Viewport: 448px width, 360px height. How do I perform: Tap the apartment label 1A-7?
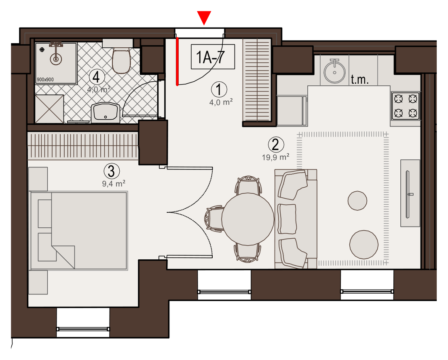pos(211,57)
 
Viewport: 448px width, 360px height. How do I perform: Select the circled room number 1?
pos(219,89)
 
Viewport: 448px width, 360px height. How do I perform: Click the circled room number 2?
pos(276,144)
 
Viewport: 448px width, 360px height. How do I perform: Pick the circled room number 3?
pos(112,171)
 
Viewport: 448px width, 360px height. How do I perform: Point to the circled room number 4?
pos(97,77)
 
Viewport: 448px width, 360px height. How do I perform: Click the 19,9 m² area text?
pos(275,157)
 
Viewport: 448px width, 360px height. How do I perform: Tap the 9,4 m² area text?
pos(114,184)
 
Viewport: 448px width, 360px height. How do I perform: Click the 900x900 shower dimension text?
pos(45,80)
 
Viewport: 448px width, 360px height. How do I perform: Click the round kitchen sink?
pos(334,72)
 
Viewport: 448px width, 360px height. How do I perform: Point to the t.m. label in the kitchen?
pos(359,80)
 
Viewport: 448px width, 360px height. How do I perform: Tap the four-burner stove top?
pos(406,106)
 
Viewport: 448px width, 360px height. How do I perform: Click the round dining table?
pos(248,219)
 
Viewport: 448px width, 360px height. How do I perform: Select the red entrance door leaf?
pos(177,61)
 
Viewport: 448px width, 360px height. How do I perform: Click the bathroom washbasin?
pos(106,112)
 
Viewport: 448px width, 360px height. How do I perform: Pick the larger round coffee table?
pos(364,245)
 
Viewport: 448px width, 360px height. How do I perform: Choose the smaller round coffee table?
pos(357,201)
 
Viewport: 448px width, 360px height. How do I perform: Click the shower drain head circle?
pos(56,59)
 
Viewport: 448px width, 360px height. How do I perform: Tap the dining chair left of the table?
pos(214,218)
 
